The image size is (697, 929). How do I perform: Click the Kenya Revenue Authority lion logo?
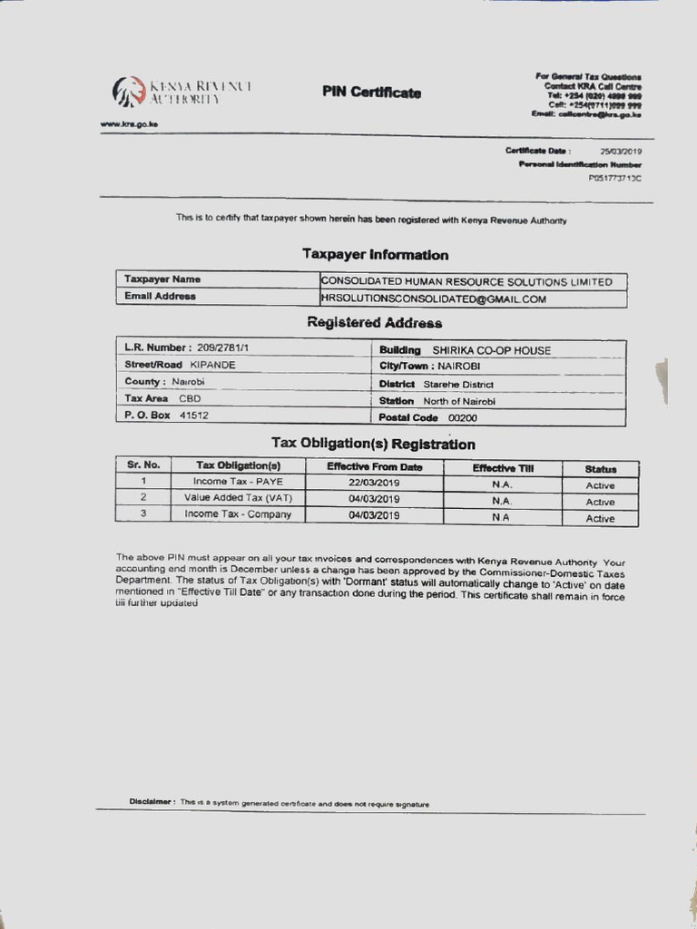point(128,92)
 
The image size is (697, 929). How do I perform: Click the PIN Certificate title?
point(371,93)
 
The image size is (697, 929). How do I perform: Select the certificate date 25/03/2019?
point(621,151)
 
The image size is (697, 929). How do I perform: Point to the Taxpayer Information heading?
point(375,255)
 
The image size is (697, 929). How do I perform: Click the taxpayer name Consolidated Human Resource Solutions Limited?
point(467,282)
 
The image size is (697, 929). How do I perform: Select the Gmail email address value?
point(434,298)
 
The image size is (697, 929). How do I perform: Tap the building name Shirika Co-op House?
point(491,350)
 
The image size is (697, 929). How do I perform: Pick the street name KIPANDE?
point(212,365)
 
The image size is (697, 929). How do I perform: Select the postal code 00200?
point(462,418)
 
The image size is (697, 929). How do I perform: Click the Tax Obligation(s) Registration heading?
point(373,444)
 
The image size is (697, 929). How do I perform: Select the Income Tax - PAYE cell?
point(238,482)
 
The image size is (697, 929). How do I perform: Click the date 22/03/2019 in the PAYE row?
point(374,483)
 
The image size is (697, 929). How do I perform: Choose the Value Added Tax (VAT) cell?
point(238,498)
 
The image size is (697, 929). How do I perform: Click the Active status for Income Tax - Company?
point(600,519)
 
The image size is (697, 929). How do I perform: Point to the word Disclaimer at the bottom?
point(151,802)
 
